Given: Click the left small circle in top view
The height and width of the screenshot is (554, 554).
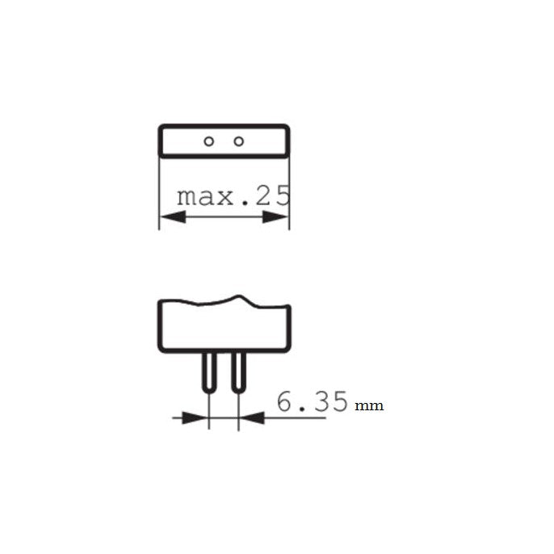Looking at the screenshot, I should click(208, 141).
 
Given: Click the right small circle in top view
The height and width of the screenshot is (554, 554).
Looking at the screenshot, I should click(238, 141).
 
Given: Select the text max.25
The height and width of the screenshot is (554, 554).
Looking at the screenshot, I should click(233, 196).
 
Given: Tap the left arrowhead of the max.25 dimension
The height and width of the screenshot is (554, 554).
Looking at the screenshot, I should click(172, 217).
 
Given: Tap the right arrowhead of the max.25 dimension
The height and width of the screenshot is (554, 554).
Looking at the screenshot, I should click(277, 217).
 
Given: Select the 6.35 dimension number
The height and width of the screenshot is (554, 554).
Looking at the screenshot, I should click(312, 401).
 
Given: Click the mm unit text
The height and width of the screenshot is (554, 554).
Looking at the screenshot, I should click(369, 405).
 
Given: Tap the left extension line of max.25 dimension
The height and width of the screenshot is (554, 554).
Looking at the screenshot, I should click(159, 194).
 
